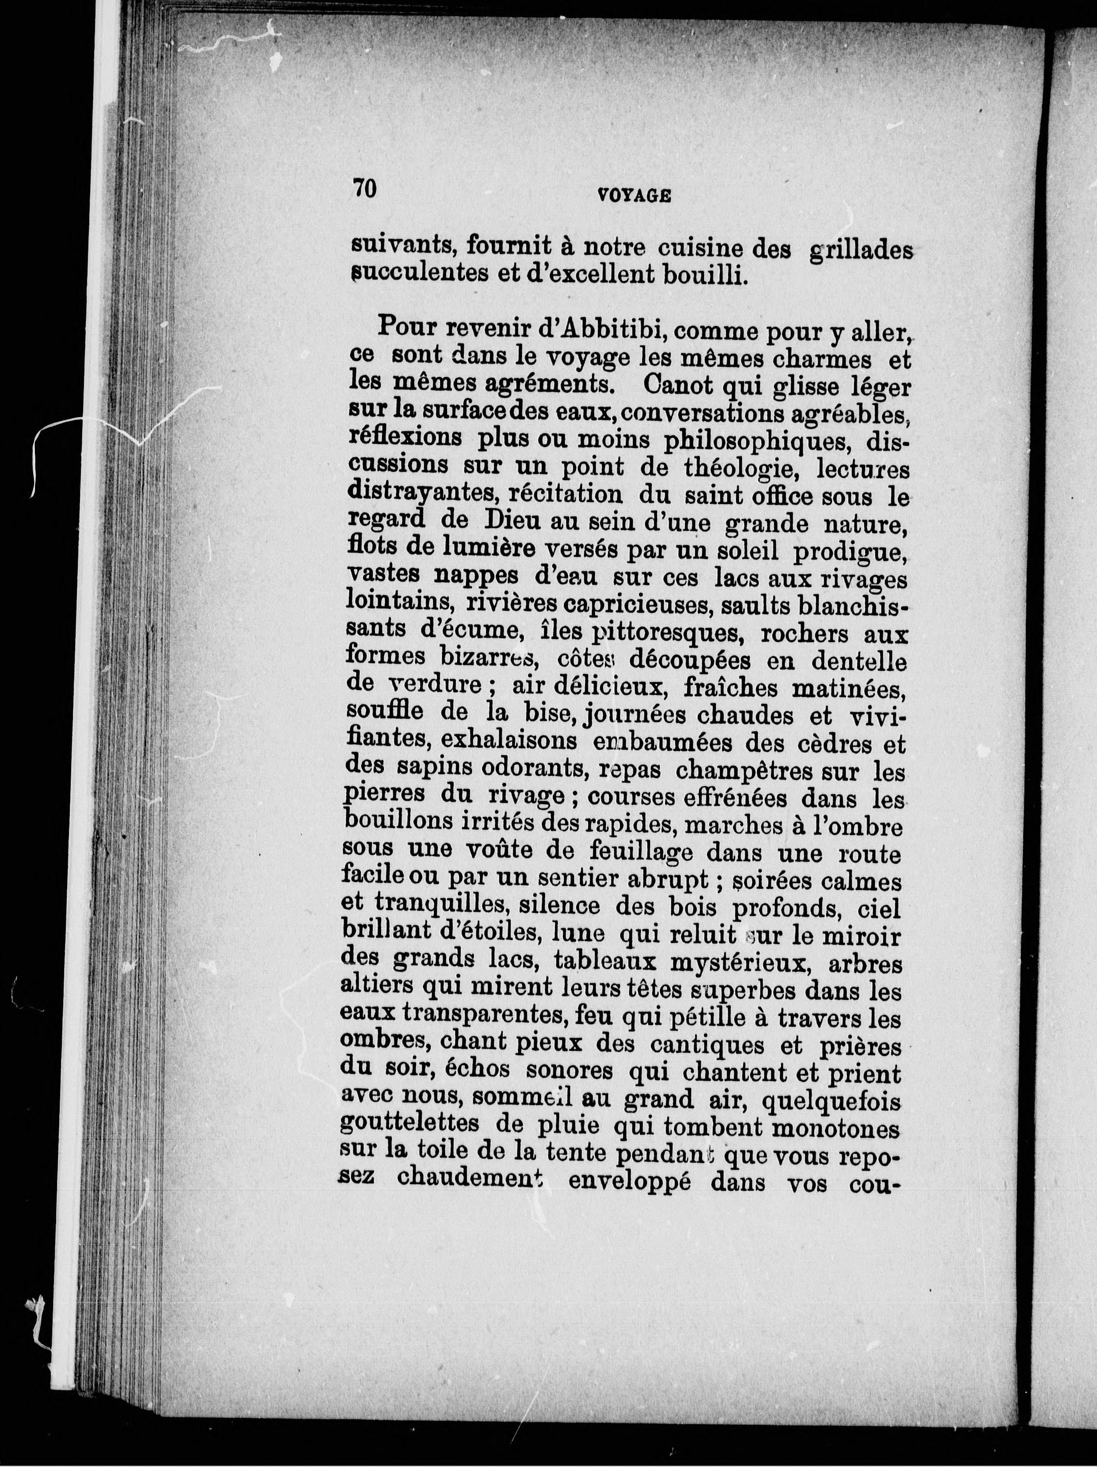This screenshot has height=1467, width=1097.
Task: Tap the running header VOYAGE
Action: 634,196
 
